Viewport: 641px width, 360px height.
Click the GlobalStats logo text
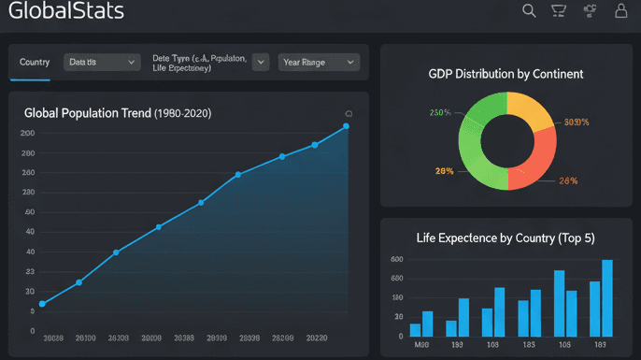click(x=65, y=12)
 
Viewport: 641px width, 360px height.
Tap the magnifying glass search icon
click(x=529, y=11)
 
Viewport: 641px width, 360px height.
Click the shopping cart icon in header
click(x=559, y=11)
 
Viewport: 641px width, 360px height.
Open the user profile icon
click(x=620, y=11)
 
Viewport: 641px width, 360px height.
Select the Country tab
click(x=35, y=63)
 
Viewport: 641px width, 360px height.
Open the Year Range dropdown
click(x=320, y=63)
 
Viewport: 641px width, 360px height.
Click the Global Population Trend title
click(x=118, y=113)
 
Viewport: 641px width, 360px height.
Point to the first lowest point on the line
click(x=42, y=304)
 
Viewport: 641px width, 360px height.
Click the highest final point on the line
click(x=346, y=126)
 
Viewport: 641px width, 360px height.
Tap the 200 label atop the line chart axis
click(x=27, y=133)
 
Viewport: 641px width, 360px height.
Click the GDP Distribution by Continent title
click(x=506, y=74)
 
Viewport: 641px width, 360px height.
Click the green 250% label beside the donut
click(x=440, y=113)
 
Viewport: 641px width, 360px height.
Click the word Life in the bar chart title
click(x=426, y=238)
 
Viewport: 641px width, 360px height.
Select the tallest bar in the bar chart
click(x=607, y=297)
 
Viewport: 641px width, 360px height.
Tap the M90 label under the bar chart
click(x=420, y=345)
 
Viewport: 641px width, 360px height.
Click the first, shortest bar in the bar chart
click(x=415, y=329)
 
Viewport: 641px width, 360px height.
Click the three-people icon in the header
click(x=590, y=11)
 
